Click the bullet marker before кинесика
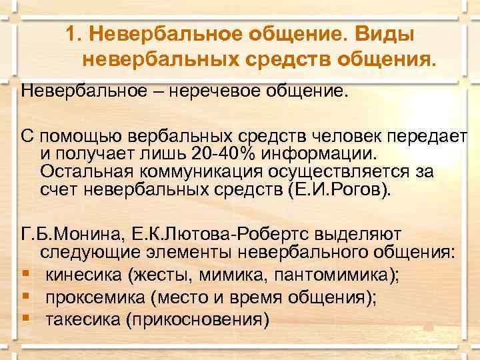pyautogui.click(x=25, y=275)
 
